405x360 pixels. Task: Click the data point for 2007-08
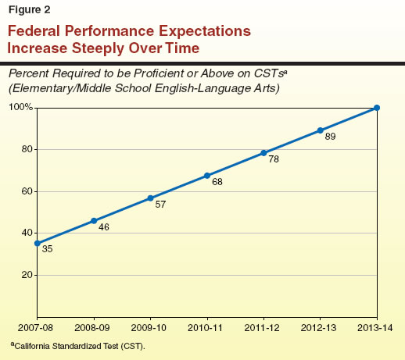pos(37,243)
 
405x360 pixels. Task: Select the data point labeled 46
pos(94,221)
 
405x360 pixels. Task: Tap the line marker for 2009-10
pos(150,198)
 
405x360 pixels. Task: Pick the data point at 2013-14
pos(377,108)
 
